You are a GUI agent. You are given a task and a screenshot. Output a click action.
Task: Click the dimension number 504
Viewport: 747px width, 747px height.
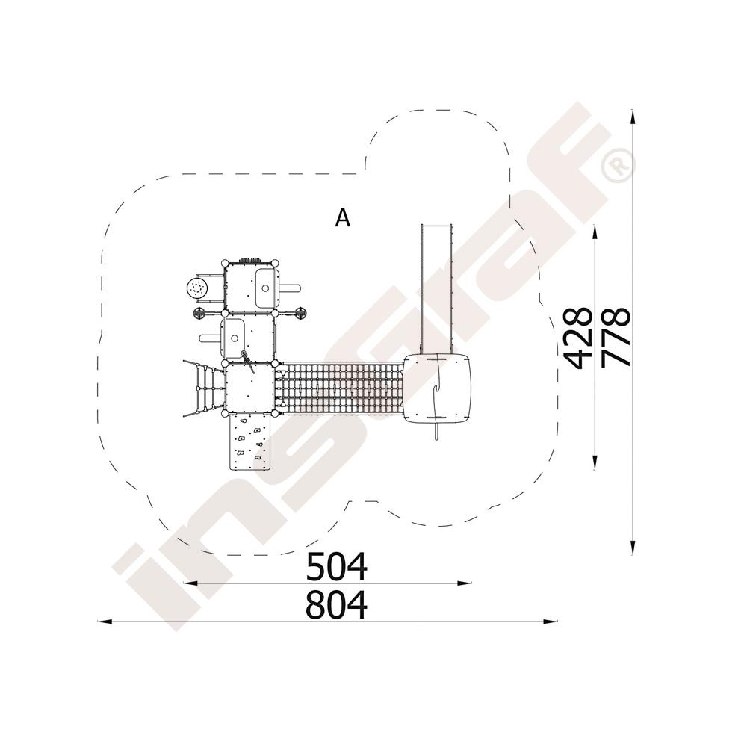(x=336, y=566)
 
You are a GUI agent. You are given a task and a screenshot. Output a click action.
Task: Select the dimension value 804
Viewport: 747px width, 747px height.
(x=336, y=604)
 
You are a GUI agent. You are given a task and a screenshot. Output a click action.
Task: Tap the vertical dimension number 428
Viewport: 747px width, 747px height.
(x=577, y=338)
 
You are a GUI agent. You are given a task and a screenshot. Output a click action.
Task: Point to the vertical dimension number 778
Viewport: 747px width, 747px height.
(x=616, y=337)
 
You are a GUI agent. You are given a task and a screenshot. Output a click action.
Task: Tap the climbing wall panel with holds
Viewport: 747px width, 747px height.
(x=250, y=441)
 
